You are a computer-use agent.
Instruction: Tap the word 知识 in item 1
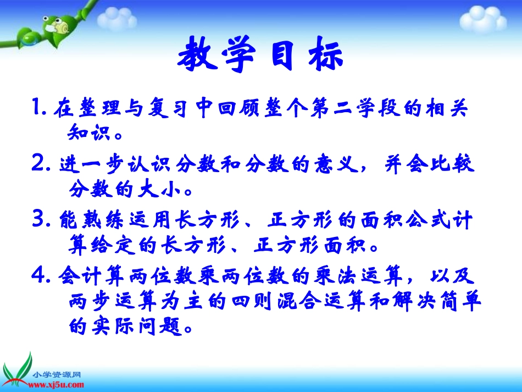click(90, 134)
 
